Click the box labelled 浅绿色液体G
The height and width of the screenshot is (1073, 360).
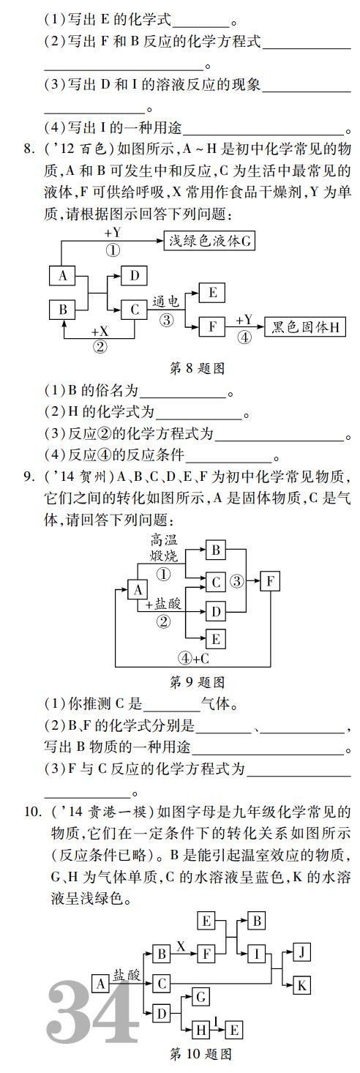tap(209, 241)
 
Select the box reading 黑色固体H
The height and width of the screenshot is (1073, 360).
tap(305, 326)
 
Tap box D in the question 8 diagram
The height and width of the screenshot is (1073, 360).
tap(134, 275)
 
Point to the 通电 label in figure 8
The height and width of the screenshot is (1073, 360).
tap(165, 302)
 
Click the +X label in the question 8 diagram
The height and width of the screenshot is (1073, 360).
tap(100, 331)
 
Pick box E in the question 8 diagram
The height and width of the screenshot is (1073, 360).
tap(212, 293)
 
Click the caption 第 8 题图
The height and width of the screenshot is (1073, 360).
tap(198, 368)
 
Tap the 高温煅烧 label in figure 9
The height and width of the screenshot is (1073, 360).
tap(164, 548)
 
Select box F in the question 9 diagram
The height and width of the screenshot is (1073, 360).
tap(270, 582)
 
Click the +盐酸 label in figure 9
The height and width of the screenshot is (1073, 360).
tap(163, 604)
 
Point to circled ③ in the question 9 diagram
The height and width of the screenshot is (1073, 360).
tap(236, 582)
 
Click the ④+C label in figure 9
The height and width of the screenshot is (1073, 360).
tap(194, 659)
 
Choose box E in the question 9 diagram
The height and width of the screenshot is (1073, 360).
tap(215, 639)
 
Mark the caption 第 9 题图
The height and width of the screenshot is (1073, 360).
tap(198, 682)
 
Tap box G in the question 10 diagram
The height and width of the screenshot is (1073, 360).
tap(201, 998)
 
